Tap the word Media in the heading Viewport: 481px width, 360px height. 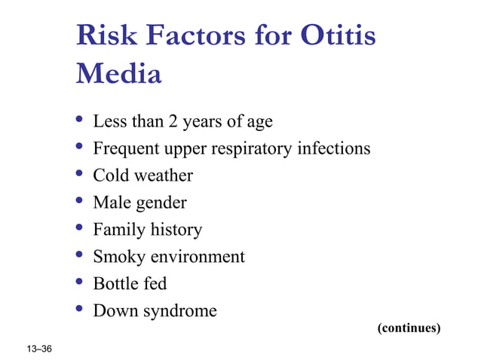(119, 75)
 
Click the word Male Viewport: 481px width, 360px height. (110, 203)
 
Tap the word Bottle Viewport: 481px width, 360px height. (114, 283)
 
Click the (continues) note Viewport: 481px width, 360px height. (409, 328)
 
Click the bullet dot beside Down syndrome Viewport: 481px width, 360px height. (80, 310)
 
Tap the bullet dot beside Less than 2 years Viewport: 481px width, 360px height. (80, 120)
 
